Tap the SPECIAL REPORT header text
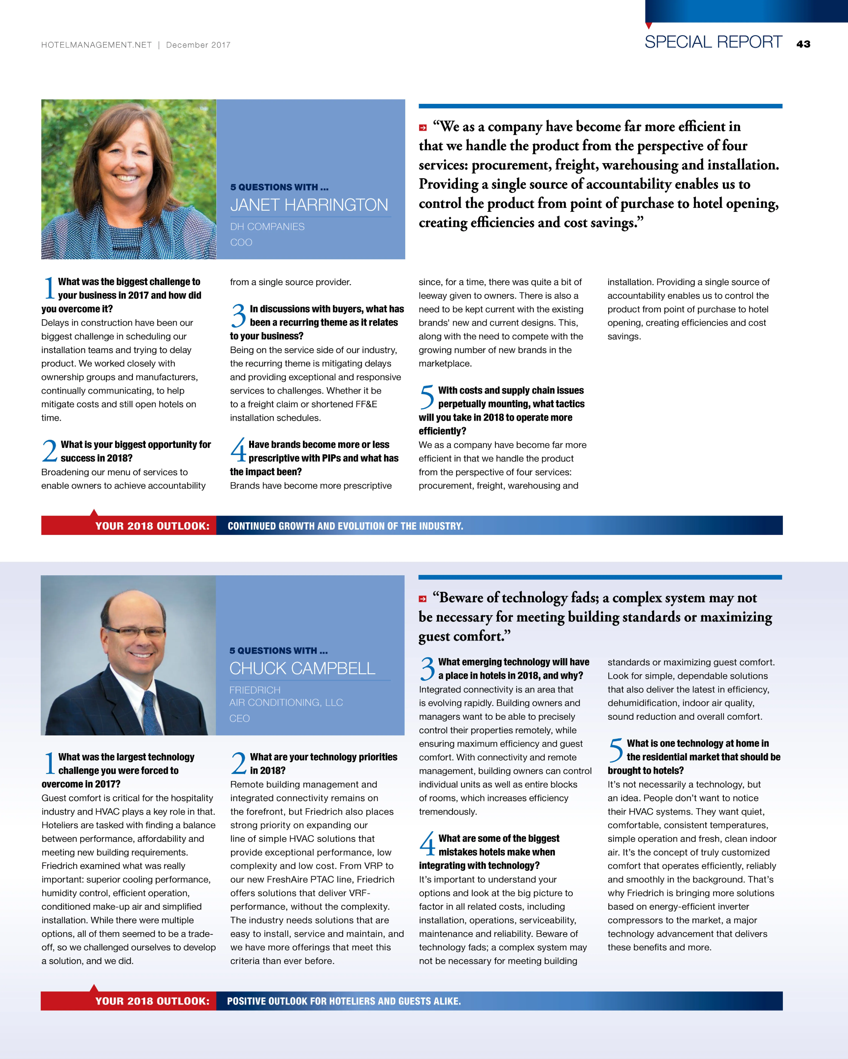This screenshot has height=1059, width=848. [x=713, y=42]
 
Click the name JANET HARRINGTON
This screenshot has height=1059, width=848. [x=309, y=205]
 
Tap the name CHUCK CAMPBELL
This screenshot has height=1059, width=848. [x=302, y=669]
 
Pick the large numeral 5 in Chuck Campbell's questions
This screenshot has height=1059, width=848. [x=616, y=750]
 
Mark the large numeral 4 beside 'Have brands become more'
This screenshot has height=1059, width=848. [x=238, y=450]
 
